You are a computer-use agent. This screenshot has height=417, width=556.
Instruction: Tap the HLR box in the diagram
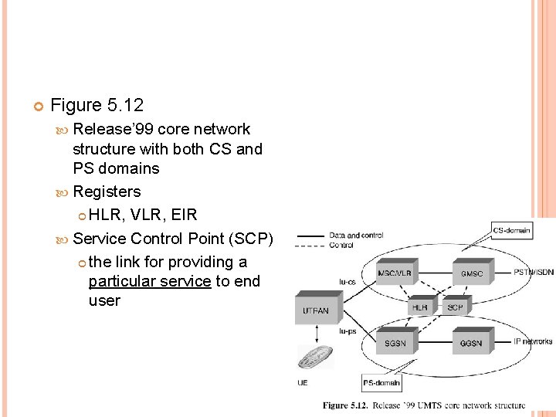click(x=420, y=307)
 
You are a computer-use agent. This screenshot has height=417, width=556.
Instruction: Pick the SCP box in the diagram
click(x=456, y=307)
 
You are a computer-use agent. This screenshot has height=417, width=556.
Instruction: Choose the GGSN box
click(x=470, y=341)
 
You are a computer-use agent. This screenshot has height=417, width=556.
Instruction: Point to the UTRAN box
click(x=316, y=310)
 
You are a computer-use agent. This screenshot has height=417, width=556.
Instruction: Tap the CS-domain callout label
click(x=511, y=229)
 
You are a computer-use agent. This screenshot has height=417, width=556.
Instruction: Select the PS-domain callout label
click(x=381, y=383)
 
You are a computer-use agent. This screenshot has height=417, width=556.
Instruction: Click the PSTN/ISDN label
click(x=534, y=272)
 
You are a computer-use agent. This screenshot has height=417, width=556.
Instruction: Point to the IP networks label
click(x=534, y=341)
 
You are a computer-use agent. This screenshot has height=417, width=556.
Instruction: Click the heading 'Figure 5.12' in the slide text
click(x=97, y=104)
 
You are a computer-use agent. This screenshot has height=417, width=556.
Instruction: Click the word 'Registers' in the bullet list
click(x=107, y=190)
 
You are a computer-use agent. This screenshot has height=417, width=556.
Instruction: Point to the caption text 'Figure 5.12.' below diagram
click(x=347, y=405)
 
